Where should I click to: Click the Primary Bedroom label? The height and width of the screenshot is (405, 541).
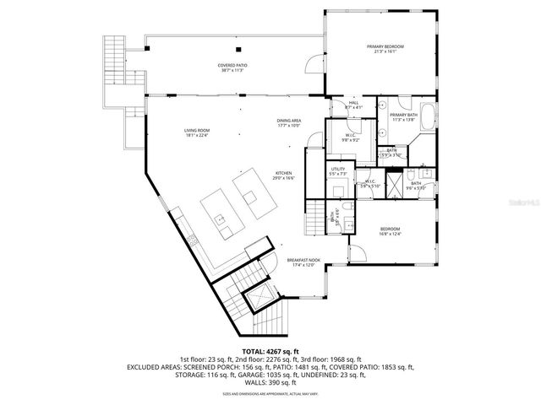385,48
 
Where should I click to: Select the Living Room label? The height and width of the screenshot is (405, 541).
196,132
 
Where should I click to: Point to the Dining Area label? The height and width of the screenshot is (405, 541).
288,123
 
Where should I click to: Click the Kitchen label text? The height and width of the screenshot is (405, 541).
283,175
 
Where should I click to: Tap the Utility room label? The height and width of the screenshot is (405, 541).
338,171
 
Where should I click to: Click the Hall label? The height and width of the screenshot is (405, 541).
353,105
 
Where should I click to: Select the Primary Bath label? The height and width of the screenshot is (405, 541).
403,116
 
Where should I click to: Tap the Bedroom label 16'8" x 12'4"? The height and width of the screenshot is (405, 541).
390,231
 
